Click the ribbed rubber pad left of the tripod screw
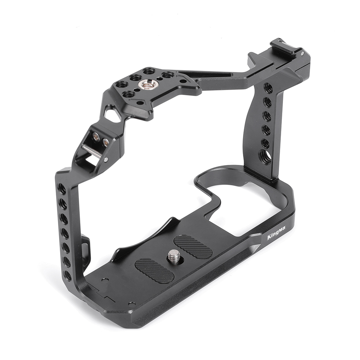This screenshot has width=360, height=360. click(154, 270)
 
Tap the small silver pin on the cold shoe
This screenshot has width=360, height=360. click(303, 53)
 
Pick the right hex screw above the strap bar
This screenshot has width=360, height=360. click(106, 142)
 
